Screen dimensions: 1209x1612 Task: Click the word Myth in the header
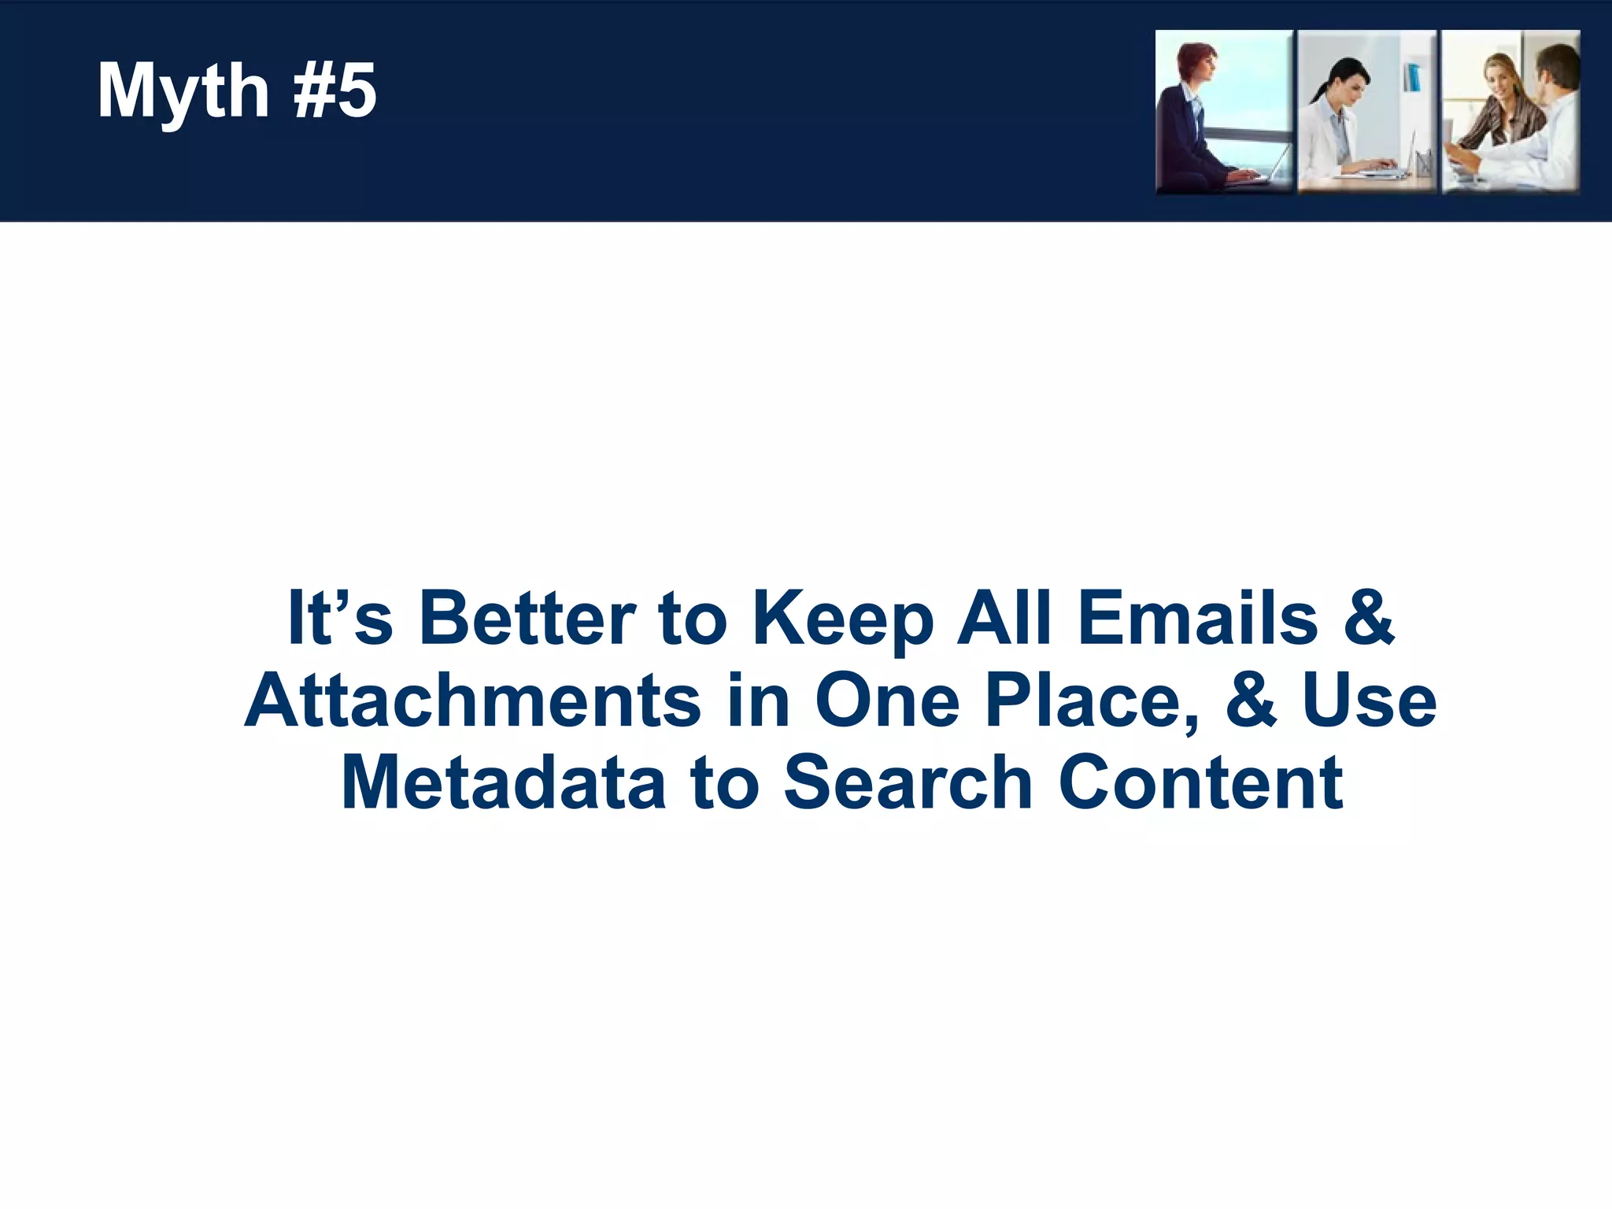(183, 91)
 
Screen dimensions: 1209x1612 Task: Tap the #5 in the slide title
(335, 91)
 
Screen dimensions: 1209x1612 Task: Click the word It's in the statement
(339, 618)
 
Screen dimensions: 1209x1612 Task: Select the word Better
(527, 618)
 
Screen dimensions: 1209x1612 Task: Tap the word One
(886, 701)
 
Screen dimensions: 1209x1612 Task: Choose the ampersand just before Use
(1251, 701)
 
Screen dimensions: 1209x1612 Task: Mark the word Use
(1370, 701)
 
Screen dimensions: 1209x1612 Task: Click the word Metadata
(504, 782)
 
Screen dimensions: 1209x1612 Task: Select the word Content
(1201, 782)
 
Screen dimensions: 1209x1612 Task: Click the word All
(1004, 618)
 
